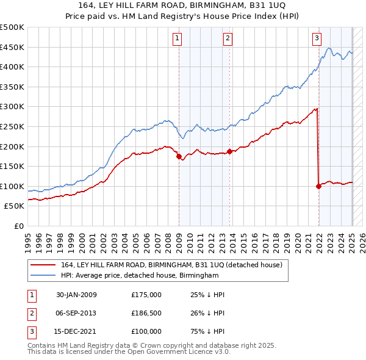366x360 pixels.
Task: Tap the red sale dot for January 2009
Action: (x=179, y=156)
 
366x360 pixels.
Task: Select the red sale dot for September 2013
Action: (x=229, y=151)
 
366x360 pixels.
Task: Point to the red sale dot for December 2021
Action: (x=319, y=186)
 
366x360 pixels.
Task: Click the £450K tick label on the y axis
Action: (x=12, y=47)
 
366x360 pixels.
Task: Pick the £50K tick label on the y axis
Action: (x=14, y=207)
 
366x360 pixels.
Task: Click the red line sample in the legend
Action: (x=43, y=265)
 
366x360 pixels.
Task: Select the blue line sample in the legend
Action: (x=43, y=276)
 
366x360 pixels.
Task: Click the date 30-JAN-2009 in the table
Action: (x=76, y=295)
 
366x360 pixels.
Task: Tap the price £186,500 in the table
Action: (x=146, y=313)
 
